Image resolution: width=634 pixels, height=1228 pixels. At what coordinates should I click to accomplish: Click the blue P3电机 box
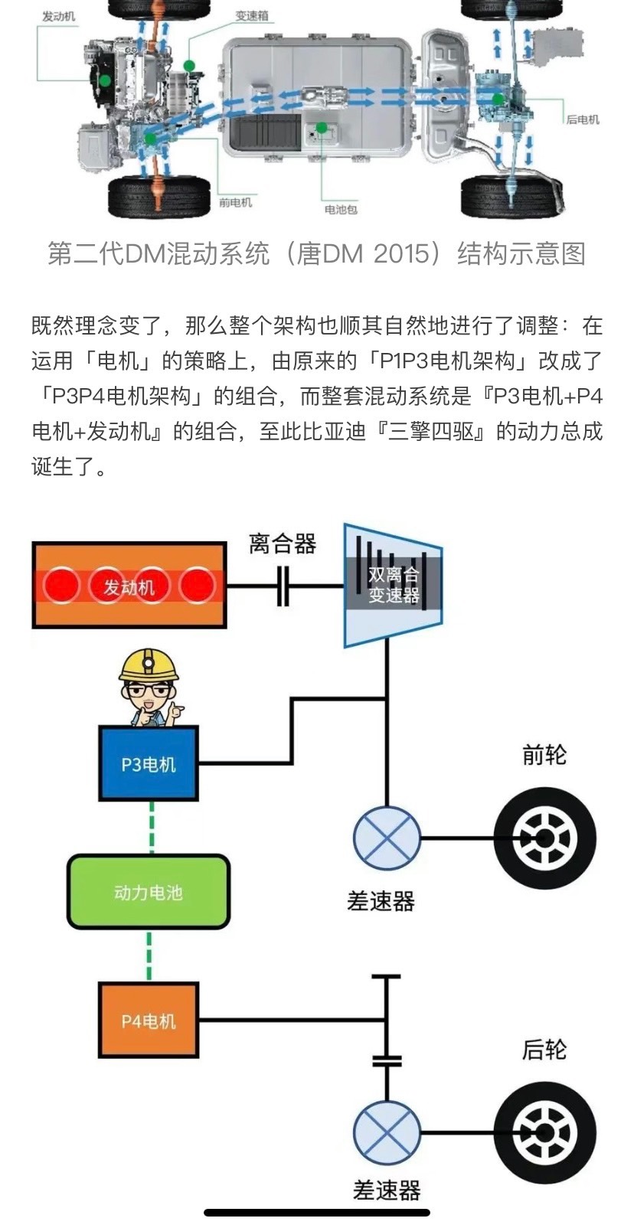[149, 763]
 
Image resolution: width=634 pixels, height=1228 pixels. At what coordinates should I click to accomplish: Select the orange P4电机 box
[149, 1020]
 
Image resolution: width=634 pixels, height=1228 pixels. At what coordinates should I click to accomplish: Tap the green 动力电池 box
[149, 892]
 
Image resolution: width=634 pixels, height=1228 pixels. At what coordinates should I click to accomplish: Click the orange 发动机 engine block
[129, 586]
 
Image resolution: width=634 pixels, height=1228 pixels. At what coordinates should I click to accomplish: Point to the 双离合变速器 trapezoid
[393, 585]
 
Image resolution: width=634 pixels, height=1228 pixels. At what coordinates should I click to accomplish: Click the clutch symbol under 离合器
[283, 586]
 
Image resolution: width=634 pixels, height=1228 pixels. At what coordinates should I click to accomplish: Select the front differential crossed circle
[387, 838]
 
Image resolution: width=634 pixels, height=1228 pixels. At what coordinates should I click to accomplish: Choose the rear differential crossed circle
[387, 1132]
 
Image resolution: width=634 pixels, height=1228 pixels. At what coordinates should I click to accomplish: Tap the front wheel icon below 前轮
[544, 838]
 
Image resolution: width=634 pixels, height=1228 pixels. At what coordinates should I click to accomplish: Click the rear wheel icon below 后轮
[544, 1132]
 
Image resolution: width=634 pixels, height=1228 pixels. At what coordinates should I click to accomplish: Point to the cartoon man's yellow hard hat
[149, 665]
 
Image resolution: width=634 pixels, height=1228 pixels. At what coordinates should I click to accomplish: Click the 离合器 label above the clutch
[283, 544]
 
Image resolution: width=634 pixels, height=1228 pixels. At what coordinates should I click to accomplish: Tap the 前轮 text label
[544, 755]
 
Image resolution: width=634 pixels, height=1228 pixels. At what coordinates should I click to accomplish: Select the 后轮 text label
[544, 1049]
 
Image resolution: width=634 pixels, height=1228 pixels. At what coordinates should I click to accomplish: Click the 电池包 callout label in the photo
[340, 209]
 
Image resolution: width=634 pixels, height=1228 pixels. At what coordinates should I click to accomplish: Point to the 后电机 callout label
[582, 119]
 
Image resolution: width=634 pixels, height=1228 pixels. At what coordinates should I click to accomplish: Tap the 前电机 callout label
[235, 203]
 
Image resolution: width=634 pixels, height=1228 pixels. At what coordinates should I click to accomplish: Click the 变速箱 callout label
[252, 16]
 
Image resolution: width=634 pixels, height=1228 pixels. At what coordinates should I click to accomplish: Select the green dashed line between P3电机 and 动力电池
[151, 827]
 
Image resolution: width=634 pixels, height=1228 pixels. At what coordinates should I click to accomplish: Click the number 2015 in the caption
[406, 253]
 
